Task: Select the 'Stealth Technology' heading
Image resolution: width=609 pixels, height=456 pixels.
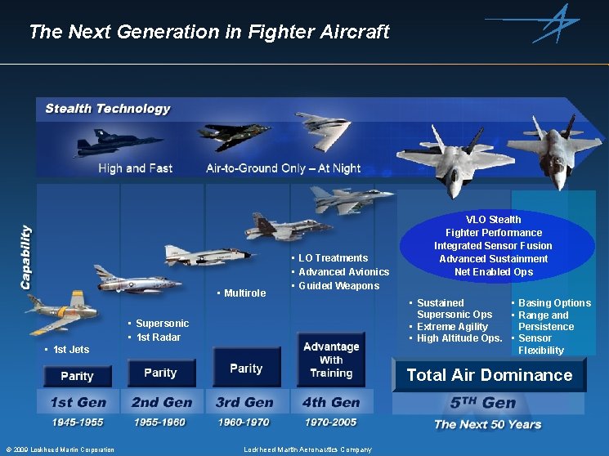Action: pyautogui.click(x=108, y=109)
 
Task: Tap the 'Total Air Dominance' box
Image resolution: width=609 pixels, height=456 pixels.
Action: pyautogui.click(x=489, y=375)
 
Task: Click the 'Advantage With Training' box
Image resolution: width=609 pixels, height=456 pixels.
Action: pyautogui.click(x=331, y=360)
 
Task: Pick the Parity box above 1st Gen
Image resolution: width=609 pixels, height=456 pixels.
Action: pyautogui.click(x=77, y=376)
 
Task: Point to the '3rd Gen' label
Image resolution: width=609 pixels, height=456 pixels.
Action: pyautogui.click(x=245, y=402)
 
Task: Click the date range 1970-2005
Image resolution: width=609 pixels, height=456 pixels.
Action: pyautogui.click(x=331, y=422)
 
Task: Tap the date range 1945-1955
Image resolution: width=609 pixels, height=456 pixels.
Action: pyautogui.click(x=77, y=422)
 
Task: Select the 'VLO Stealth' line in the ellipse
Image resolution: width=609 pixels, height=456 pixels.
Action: pyautogui.click(x=493, y=219)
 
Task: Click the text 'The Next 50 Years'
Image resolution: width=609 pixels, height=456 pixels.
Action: pyautogui.click(x=487, y=424)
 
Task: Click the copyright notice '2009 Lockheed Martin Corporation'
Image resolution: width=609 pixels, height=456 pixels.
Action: pyautogui.click(x=60, y=449)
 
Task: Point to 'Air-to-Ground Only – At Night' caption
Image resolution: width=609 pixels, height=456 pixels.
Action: pyautogui.click(x=283, y=168)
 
